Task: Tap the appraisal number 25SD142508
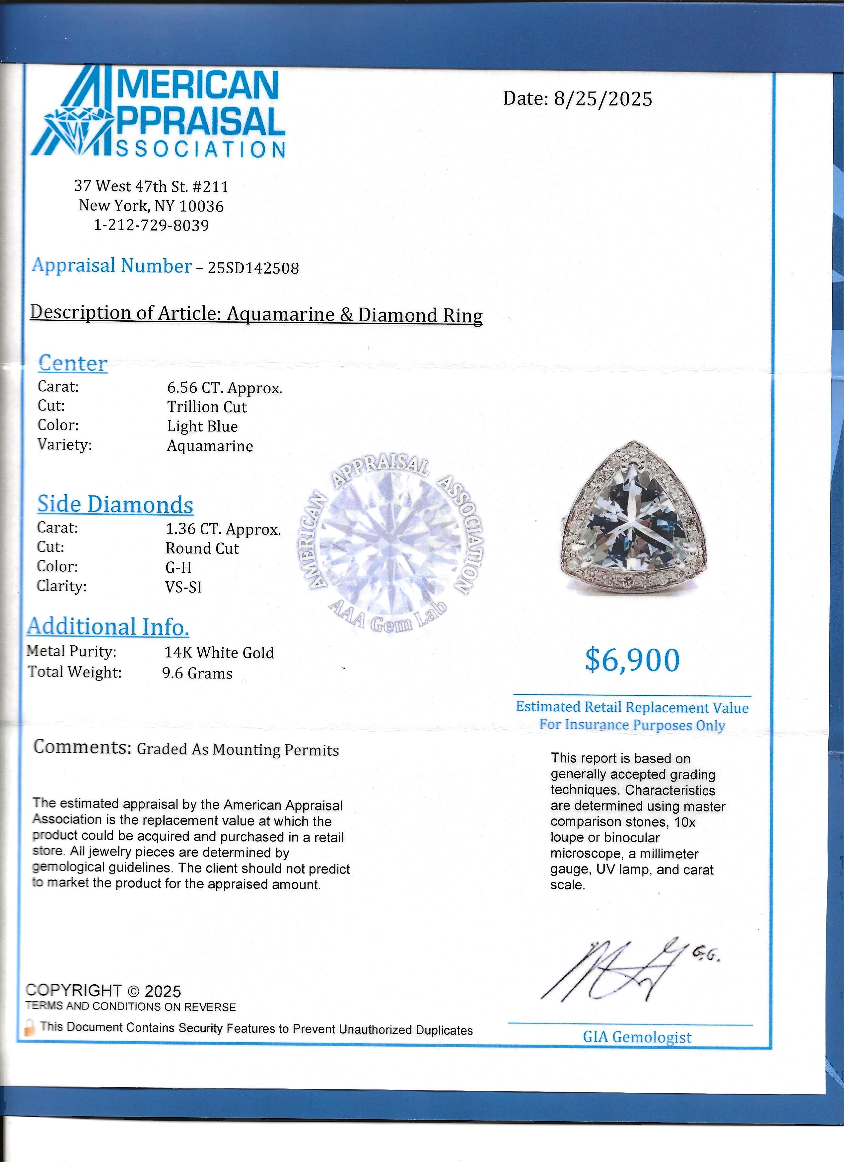tap(253, 268)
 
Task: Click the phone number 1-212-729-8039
tap(151, 226)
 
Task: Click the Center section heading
tap(72, 363)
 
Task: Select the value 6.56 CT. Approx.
tap(225, 388)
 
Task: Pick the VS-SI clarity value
tap(183, 587)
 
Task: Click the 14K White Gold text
tap(219, 652)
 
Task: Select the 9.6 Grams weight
tap(197, 673)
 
